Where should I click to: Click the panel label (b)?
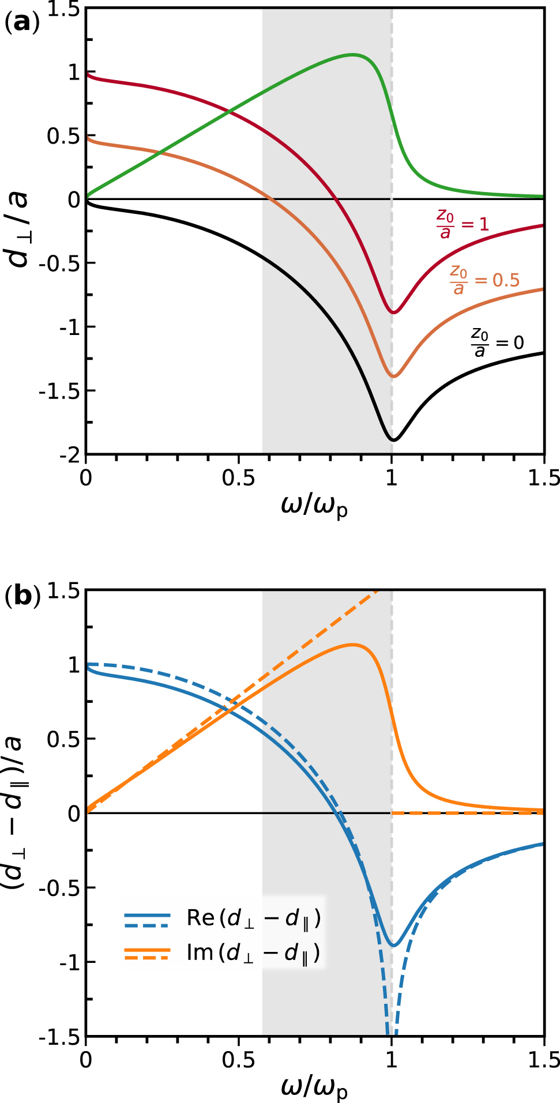click(x=22, y=596)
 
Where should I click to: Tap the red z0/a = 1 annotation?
click(x=461, y=224)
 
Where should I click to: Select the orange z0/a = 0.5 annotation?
click(x=484, y=280)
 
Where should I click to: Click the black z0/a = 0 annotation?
click(x=497, y=342)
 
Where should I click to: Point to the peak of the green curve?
click(x=353, y=55)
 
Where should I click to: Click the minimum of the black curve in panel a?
click(x=394, y=440)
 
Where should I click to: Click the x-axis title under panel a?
click(x=314, y=506)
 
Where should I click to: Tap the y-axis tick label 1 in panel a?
click(x=74, y=73)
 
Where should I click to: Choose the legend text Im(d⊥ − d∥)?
click(x=253, y=953)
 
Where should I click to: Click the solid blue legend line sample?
click(x=147, y=915)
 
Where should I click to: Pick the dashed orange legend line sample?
click(x=147, y=958)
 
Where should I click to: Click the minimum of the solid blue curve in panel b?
click(x=394, y=945)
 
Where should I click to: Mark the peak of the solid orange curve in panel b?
click(x=353, y=645)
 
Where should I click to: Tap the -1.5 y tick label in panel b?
click(x=60, y=1037)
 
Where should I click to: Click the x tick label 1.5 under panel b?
click(x=544, y=1060)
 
